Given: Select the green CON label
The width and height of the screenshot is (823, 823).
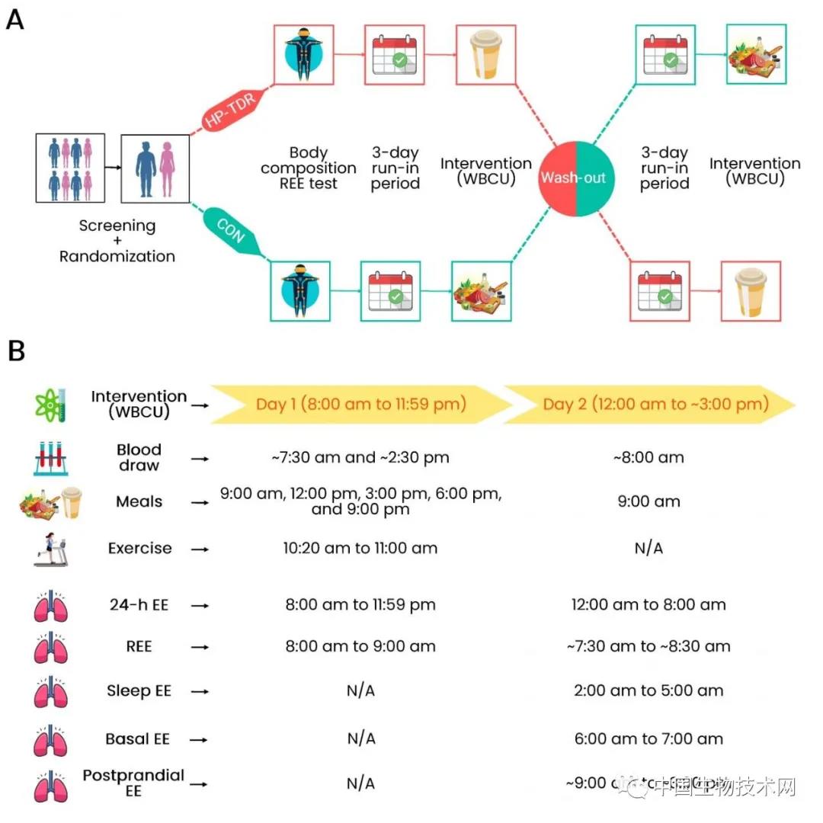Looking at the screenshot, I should coord(230,229).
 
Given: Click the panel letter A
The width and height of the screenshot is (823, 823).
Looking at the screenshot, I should coord(15,19).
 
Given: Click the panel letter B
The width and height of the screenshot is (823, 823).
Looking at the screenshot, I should coord(16,351).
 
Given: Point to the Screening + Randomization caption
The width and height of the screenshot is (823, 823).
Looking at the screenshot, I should coord(117,241).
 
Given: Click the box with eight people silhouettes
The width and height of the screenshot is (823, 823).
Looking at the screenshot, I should coord(70,168).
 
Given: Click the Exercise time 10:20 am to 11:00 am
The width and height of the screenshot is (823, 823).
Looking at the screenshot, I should coord(361,548).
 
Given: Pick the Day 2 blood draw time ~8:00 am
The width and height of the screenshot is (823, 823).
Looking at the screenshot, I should coord(648,457).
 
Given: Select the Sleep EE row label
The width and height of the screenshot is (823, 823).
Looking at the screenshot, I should coord(139,691).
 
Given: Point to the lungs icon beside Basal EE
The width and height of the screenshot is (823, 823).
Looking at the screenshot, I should coord(51,738).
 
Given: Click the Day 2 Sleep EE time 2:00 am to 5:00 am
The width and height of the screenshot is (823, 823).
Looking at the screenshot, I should coord(648,691).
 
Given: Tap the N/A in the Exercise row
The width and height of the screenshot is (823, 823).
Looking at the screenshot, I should coord(648,548).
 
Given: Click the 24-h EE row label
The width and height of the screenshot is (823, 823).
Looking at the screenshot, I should coord(139,605).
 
